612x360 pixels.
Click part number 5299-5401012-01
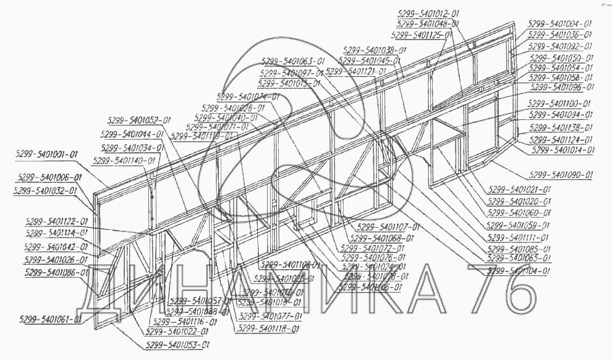click(428, 13)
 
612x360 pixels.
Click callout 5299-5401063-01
click(292, 61)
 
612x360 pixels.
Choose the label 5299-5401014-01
click(563, 150)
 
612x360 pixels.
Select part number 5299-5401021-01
click(519, 189)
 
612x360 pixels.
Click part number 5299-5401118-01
click(268, 329)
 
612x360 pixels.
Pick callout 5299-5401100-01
click(560, 104)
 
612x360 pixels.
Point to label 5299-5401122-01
click(57, 221)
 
